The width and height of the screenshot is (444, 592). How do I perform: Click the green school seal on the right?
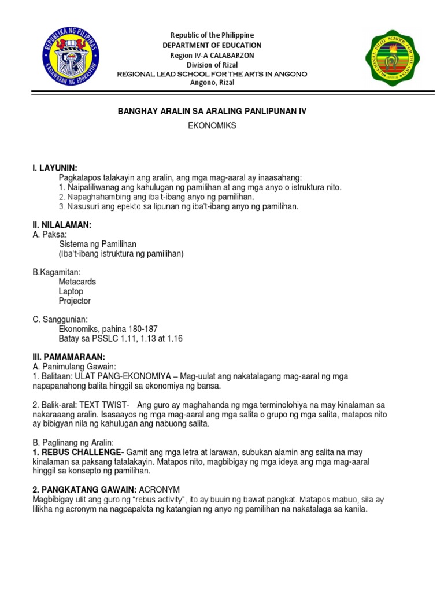point(393,58)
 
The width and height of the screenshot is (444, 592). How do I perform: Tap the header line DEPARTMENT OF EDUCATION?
point(212,45)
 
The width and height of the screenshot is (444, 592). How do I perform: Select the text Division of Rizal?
point(212,64)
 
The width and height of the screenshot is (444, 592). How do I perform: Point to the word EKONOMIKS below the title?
point(212,125)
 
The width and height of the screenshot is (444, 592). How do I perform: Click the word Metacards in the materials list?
point(77,282)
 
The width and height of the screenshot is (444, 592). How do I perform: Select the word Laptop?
point(71,291)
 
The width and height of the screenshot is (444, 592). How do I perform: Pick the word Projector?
point(75,301)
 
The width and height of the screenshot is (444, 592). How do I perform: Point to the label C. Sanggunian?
point(60,319)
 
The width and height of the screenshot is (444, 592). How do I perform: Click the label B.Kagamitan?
point(56,272)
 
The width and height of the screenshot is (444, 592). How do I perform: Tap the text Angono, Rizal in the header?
point(212,83)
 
